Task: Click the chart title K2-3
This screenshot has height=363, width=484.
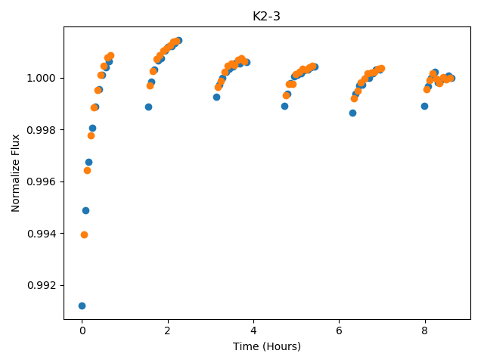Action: (x=266, y=17)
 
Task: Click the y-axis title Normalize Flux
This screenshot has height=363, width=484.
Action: (x=15, y=173)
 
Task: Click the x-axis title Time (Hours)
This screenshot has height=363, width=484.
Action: (x=267, y=346)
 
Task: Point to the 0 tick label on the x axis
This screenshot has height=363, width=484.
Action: (x=82, y=330)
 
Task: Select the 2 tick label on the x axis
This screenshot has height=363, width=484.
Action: (x=168, y=330)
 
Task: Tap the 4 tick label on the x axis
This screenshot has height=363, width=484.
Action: (x=253, y=330)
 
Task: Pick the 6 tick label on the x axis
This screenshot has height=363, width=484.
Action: (x=339, y=330)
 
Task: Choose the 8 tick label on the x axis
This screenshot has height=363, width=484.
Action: (x=425, y=330)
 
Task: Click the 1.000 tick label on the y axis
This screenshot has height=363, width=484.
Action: (x=42, y=78)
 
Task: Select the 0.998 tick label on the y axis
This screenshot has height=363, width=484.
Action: (x=42, y=130)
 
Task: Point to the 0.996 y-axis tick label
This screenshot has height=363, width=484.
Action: (x=42, y=181)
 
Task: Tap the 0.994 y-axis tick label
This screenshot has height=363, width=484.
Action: (x=42, y=234)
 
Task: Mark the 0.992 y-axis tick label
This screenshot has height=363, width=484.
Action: (x=42, y=285)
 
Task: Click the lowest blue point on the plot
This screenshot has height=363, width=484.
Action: (x=82, y=306)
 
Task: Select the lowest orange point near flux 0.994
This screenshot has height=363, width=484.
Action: (x=84, y=235)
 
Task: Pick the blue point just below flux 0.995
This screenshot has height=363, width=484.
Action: (x=85, y=210)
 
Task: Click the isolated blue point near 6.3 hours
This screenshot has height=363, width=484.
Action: (x=352, y=113)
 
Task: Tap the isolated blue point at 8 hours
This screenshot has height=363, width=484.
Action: (x=424, y=106)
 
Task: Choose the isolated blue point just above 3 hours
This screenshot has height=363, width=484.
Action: (x=217, y=98)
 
